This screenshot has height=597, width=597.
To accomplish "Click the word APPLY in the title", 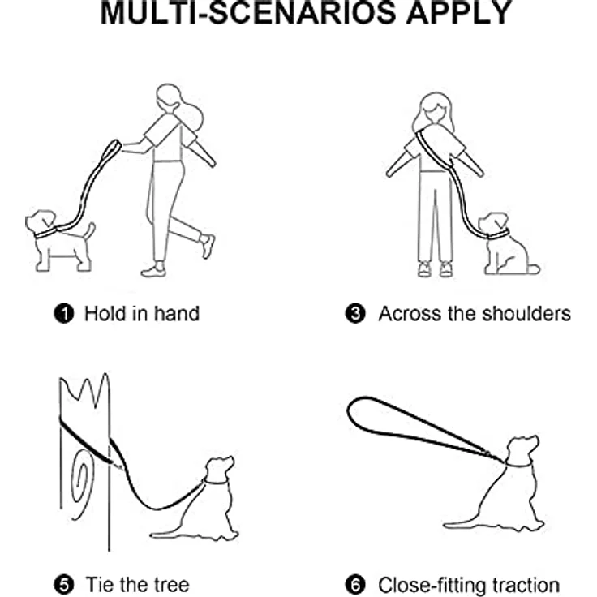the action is (x=459, y=12).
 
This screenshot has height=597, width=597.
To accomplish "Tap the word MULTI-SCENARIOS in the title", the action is (x=248, y=12).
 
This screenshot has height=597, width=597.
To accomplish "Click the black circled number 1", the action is (x=64, y=314).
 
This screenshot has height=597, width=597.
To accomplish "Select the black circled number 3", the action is (x=355, y=314).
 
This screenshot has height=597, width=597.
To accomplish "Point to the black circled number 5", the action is (x=64, y=585).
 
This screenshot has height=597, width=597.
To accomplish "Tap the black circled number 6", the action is (x=355, y=585).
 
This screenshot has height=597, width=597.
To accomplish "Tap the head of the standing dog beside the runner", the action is (x=41, y=222).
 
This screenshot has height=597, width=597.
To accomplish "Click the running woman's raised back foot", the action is (x=208, y=247).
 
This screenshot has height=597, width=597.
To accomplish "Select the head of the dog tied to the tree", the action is (x=219, y=469).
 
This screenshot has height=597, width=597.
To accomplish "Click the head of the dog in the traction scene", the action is (x=522, y=449).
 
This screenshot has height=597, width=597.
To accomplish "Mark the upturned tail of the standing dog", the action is (x=90, y=232).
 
